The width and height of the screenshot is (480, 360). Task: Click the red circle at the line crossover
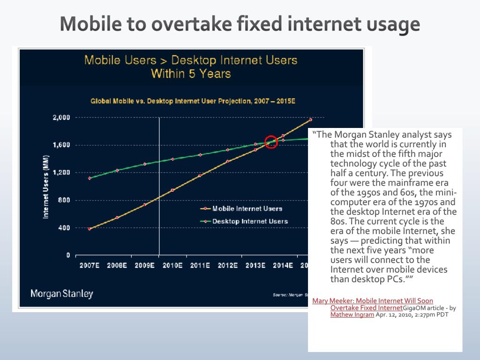pyautogui.click(x=271, y=142)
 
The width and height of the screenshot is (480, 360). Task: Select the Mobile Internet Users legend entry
pyautogui.click(x=247, y=209)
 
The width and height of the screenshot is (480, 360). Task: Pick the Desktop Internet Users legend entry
pyautogui.click(x=250, y=221)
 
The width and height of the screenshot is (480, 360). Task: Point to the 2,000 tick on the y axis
pyautogui.click(x=61, y=117)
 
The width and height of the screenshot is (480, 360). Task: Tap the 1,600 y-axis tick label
pyautogui.click(x=61, y=145)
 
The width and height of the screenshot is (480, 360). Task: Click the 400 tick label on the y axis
pyautogui.click(x=64, y=228)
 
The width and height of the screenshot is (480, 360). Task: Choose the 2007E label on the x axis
pyautogui.click(x=90, y=266)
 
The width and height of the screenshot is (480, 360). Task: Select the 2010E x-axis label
pyautogui.click(x=172, y=266)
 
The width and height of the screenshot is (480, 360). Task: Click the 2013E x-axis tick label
pyautogui.click(x=255, y=266)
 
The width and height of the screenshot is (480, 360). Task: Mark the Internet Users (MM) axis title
pyautogui.click(x=46, y=187)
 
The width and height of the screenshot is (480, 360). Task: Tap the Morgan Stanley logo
pyautogui.click(x=62, y=294)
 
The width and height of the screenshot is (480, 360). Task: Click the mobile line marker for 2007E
pyautogui.click(x=90, y=229)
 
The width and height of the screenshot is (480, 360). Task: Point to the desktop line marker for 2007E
pyautogui.click(x=90, y=178)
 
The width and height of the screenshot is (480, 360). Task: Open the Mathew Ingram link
pyautogui.click(x=352, y=315)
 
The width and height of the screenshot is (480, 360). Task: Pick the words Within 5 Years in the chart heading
pyautogui.click(x=191, y=74)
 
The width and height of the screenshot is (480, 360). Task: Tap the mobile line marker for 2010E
pyautogui.click(x=172, y=190)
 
